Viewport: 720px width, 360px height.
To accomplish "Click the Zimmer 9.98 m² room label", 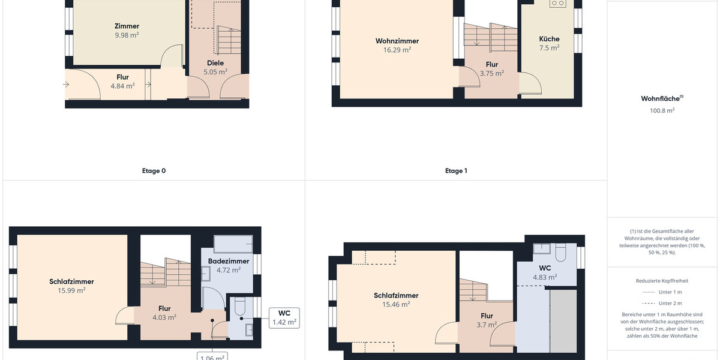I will coord(127,31).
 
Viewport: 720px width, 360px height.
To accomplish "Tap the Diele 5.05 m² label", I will coord(215,67).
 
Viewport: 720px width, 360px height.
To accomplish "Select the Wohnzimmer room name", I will coord(397,41).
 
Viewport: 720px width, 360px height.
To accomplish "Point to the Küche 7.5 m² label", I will coord(549,43).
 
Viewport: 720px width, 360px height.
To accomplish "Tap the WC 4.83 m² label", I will coord(545,272).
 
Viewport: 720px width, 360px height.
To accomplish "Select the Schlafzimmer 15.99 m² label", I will coord(71,286).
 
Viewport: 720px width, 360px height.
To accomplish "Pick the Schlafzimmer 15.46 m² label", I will coord(396,299).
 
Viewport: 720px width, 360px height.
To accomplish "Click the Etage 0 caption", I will coord(154,171).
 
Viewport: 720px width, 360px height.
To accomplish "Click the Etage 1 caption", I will coord(456,171).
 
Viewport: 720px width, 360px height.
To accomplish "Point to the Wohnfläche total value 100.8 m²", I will coord(662,110).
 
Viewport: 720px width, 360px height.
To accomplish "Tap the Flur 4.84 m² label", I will coord(122,82).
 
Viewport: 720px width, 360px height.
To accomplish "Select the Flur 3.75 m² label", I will coord(491,68).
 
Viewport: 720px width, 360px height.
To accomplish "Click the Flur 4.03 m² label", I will coord(164,313).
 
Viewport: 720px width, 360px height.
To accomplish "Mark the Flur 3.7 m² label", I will coord(487,320).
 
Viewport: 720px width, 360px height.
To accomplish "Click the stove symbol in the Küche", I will coord(557,3).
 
